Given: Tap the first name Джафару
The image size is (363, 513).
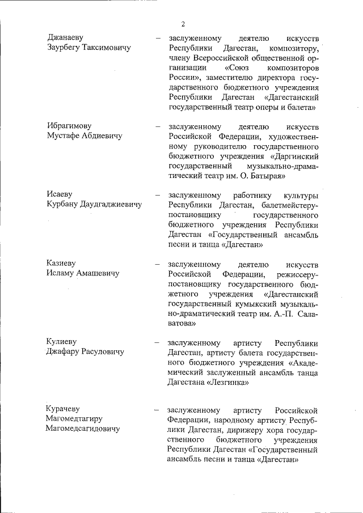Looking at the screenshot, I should click(x=64, y=353).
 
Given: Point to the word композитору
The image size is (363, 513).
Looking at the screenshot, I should click(x=293, y=48).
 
